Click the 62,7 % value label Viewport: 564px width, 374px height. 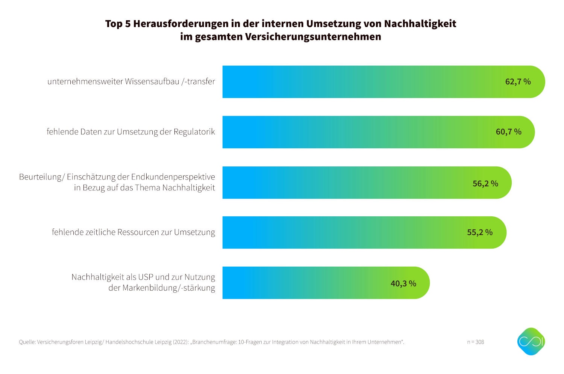[518, 81]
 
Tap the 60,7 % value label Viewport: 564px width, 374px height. [508, 132]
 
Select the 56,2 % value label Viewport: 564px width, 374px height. [485, 183]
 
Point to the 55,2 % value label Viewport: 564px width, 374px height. [479, 232]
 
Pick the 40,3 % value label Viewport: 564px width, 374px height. [403, 284]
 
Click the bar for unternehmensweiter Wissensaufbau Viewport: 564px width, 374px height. [357, 82]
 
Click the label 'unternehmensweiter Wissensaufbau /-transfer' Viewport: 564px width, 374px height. [131, 81]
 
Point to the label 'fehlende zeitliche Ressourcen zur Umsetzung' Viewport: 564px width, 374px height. [133, 232]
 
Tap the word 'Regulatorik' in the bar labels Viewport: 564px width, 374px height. [194, 132]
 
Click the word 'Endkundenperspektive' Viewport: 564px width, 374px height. [173, 177]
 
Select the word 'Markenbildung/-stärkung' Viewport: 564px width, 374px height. [169, 288]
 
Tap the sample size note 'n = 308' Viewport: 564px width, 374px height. [476, 342]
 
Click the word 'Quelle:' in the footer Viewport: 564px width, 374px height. [27, 342]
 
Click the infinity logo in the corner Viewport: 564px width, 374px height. [531, 341]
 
